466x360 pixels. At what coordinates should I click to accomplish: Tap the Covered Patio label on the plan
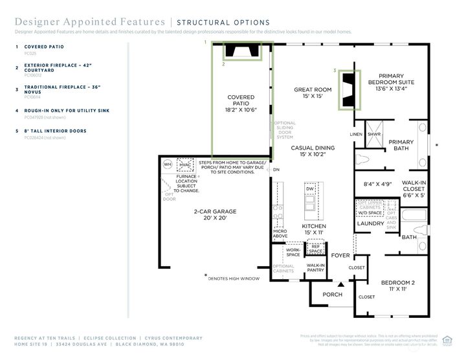tap(241, 104)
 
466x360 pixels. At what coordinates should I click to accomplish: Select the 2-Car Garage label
tap(215, 215)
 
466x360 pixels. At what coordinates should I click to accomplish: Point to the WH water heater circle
tap(168, 164)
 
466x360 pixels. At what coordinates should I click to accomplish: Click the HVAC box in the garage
tap(188, 164)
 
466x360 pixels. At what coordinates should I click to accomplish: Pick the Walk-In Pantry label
tap(316, 268)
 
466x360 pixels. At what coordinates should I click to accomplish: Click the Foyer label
tap(340, 255)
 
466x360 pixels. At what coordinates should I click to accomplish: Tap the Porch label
tap(332, 295)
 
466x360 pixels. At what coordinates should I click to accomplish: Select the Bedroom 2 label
tap(398, 286)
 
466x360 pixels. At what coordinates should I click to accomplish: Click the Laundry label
tap(371, 223)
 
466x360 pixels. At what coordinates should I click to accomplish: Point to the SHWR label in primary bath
tap(374, 135)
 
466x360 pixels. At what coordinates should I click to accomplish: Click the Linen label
tap(356, 135)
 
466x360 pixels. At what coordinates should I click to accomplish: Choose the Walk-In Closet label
tap(414, 188)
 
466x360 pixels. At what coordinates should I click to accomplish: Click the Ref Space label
tap(316, 249)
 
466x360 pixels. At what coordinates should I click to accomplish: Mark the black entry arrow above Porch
tap(340, 284)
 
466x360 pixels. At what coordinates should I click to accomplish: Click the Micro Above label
tap(280, 234)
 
